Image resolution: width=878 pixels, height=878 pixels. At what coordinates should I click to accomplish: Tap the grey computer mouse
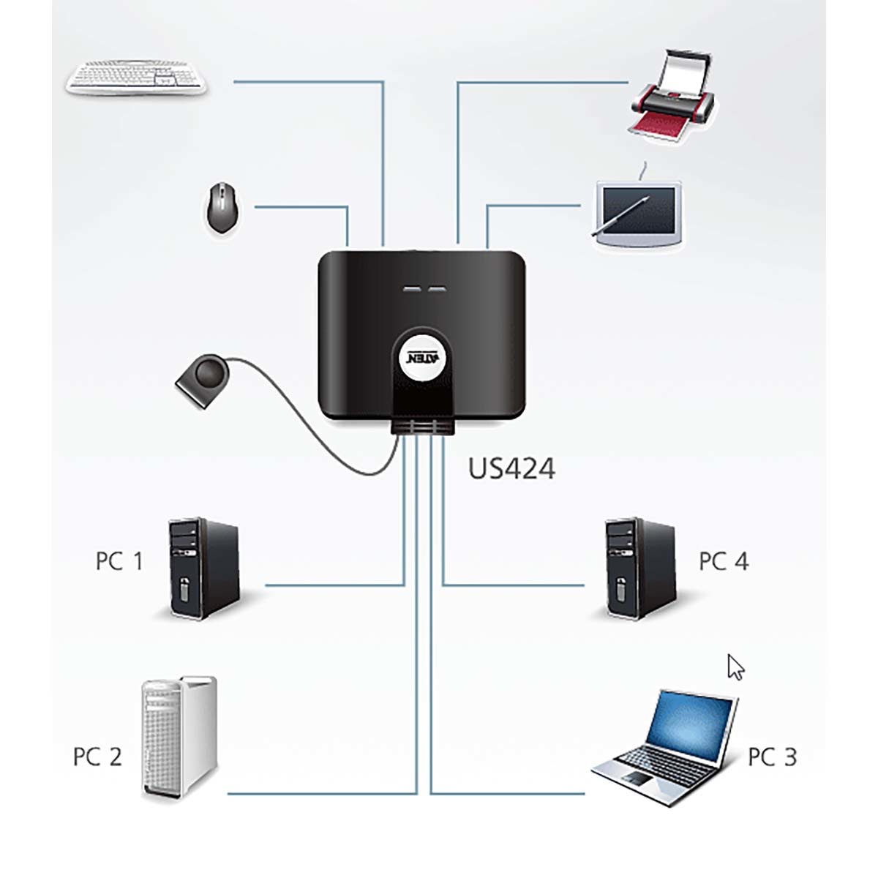point(220,209)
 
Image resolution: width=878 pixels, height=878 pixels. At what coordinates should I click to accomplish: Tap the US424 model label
point(511,469)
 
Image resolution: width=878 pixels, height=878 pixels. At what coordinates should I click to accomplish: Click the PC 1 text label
point(119,562)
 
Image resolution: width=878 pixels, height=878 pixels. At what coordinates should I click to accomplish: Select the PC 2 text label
point(97,757)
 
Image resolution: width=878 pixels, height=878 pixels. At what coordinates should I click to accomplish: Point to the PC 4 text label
point(724,562)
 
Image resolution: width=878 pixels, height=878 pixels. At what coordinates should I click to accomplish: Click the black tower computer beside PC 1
point(204,569)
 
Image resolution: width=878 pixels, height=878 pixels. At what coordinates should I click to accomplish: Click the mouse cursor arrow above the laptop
point(735,667)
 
